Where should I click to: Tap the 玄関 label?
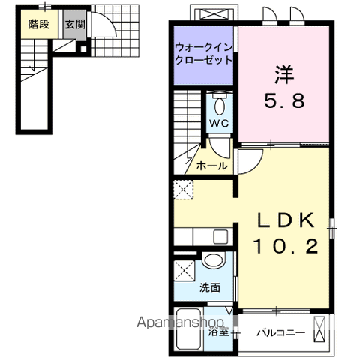pos(74,24)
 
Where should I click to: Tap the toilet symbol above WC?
pos(219,103)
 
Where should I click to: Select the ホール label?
pos(211,166)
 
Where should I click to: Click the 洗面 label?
pos(210,287)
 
